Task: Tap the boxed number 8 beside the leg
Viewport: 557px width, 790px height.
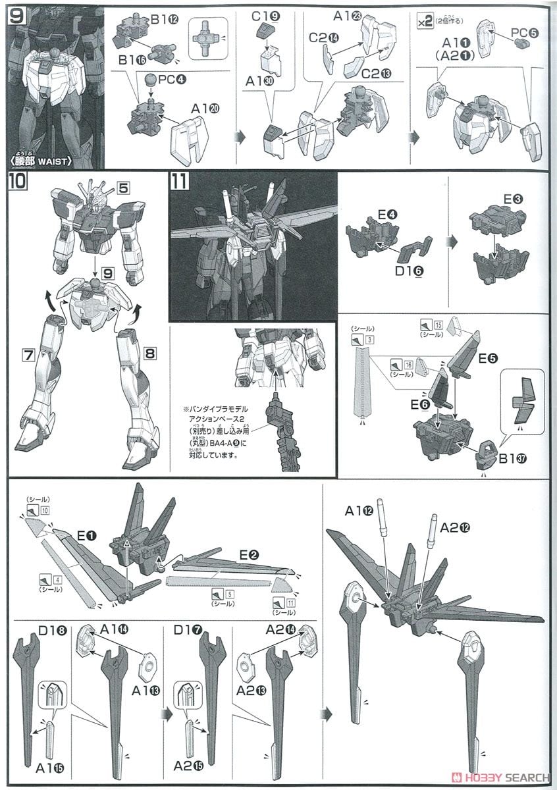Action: (149, 354)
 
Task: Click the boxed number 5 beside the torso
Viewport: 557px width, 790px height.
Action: (123, 187)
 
